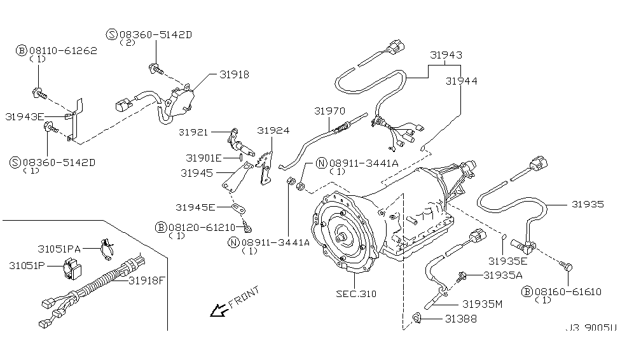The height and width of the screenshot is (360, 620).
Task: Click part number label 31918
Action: point(234,74)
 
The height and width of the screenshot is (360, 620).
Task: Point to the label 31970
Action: point(329,110)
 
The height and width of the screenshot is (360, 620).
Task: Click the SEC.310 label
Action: point(356,294)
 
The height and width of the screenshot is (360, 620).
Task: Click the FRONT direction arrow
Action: point(219,310)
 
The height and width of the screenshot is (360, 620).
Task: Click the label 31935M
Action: point(482,304)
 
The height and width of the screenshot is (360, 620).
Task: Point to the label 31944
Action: point(462,81)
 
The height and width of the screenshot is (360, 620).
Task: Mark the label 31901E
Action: point(203,158)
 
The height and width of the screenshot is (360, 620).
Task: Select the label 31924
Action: point(273,130)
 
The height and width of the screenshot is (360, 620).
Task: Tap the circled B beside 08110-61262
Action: point(22,50)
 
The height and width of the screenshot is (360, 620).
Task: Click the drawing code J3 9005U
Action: point(590,329)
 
